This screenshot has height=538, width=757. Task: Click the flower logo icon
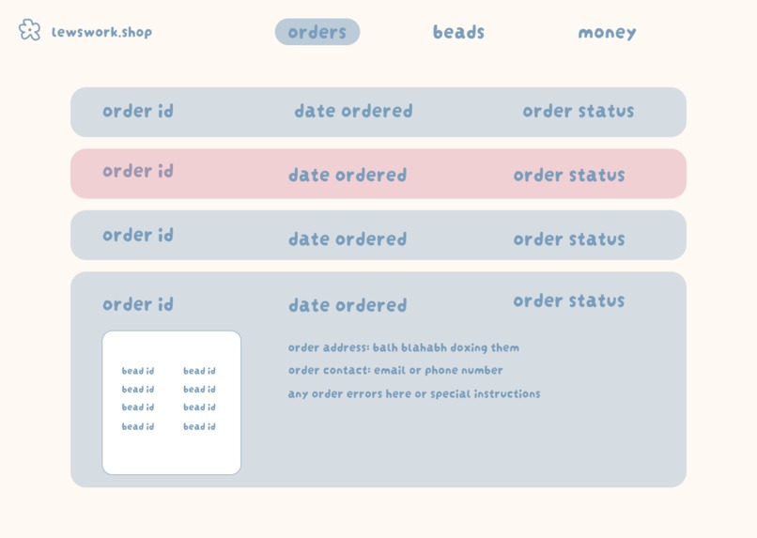29,30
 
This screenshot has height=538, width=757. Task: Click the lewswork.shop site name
101,32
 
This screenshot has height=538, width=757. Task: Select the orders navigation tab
317,32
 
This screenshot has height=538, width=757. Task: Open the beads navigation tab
458,32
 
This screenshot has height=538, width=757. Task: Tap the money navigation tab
607,32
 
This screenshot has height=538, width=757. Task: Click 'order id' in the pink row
138,171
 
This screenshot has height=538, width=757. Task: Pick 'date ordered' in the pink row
348,175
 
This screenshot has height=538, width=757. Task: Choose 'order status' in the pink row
569,175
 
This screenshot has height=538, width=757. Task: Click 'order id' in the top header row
138,111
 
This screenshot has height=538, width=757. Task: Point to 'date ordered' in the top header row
353,111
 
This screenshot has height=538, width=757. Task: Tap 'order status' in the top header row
579,111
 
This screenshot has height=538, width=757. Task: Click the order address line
404,347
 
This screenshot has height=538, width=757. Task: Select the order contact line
395,370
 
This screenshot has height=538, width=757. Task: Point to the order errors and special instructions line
414,393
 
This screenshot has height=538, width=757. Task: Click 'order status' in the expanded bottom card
569,300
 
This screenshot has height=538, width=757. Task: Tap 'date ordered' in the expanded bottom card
348,305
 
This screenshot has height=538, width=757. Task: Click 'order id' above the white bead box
138,304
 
